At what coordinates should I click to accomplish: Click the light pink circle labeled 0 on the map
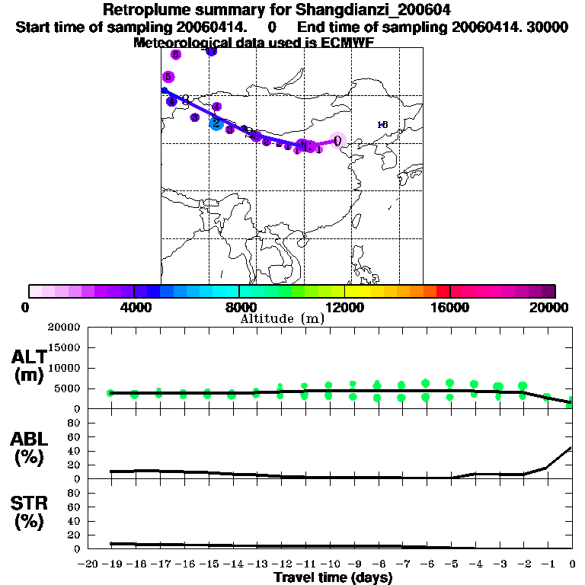click(338, 140)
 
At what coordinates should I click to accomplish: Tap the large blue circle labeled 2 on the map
click(216, 123)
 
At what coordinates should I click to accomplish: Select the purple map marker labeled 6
click(176, 55)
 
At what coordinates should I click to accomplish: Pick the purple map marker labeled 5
click(168, 77)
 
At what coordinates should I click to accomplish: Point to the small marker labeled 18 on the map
click(382, 124)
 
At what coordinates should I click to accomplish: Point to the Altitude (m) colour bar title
click(282, 318)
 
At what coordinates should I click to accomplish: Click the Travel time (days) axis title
click(333, 577)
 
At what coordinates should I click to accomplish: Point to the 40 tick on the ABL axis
click(76, 451)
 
